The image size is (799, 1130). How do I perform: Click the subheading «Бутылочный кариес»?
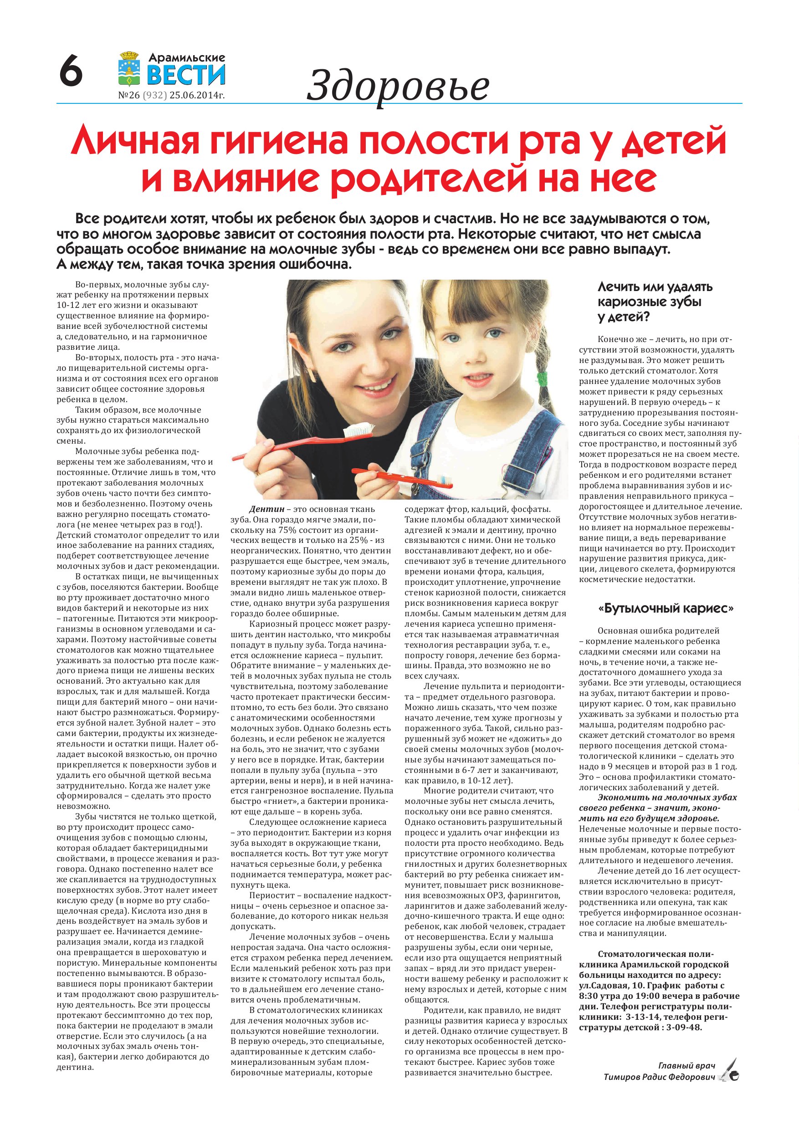click(666, 609)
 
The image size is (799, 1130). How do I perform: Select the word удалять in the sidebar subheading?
click(688, 286)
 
